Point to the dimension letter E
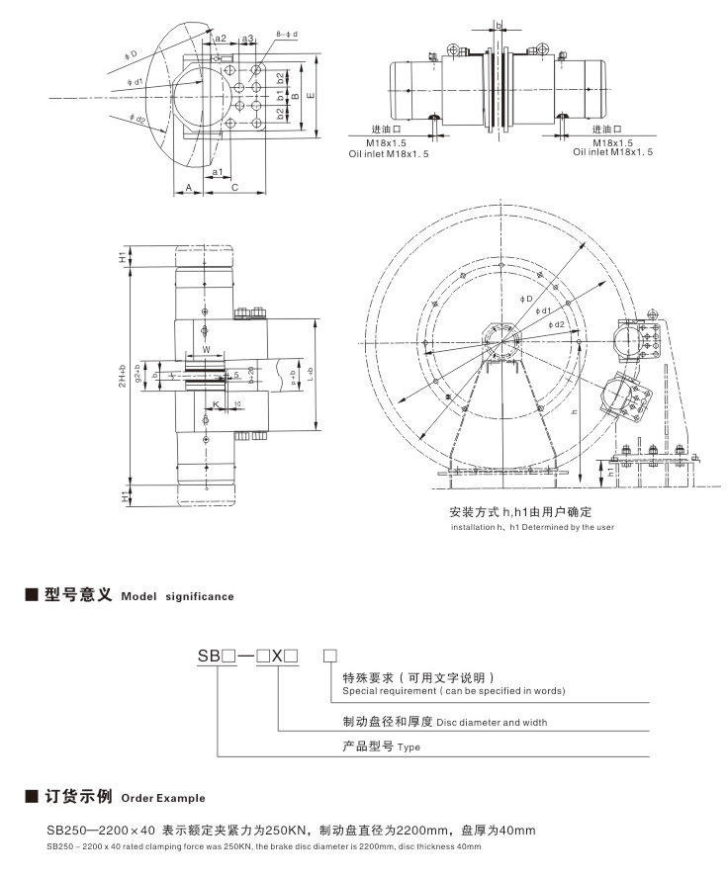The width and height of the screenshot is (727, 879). tap(313, 95)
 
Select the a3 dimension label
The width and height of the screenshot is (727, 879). tap(248, 39)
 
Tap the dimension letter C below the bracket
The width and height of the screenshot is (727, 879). tap(234, 187)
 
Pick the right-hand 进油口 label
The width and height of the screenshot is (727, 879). tap(605, 130)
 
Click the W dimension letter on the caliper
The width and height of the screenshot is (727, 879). tap(206, 349)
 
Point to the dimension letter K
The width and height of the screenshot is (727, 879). tap(215, 404)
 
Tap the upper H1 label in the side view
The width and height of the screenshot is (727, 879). tap(124, 257)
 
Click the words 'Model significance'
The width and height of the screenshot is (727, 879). tap(177, 596)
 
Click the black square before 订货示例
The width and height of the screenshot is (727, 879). tap(31, 796)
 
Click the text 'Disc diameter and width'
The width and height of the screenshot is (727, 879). tap(492, 722)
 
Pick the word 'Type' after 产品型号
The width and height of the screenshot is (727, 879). tap(409, 749)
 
